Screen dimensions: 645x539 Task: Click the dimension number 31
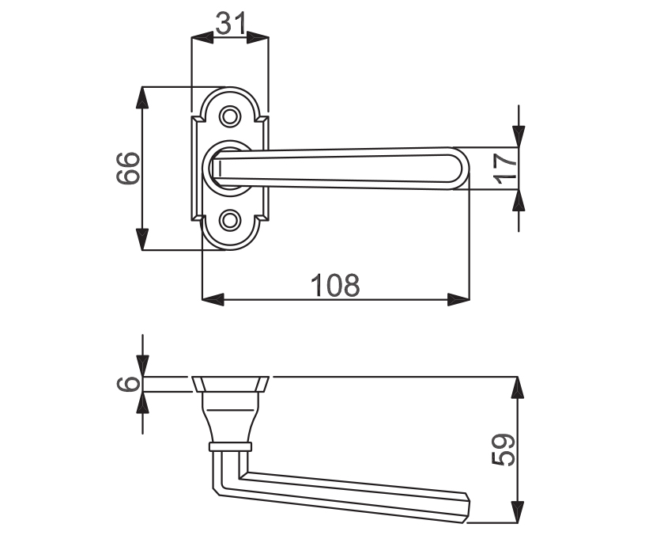(230, 23)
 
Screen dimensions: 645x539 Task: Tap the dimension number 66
(128, 168)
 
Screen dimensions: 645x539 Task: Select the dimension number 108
(335, 285)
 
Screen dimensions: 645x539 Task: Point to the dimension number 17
(505, 169)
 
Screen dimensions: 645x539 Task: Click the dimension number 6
(128, 384)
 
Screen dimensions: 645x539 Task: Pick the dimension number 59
(504, 450)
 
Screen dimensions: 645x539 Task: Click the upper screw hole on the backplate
(229, 116)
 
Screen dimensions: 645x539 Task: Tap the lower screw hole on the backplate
(229, 220)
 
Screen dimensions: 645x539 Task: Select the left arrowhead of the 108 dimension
(213, 299)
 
